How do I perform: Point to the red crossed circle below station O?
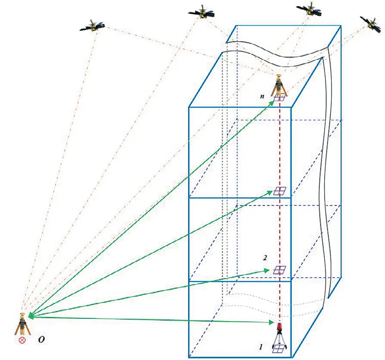(22, 340)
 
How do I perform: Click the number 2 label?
(265, 257)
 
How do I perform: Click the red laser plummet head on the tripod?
(280, 326)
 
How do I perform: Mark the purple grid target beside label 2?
(280, 270)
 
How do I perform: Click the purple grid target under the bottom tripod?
(279, 348)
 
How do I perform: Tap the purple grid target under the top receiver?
(280, 97)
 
